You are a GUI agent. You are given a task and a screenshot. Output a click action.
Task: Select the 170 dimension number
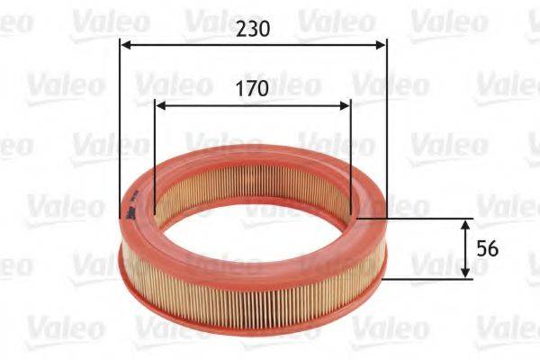click(253, 89)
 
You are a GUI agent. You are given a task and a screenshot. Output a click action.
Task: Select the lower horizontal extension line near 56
click(423, 278)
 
